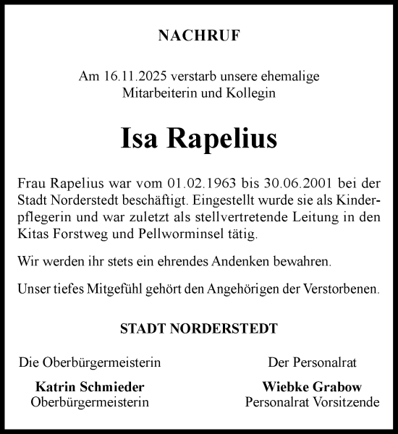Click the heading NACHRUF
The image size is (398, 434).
click(199, 35)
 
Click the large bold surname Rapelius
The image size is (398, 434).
click(222, 138)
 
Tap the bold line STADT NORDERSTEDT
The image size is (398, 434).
click(199, 328)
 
